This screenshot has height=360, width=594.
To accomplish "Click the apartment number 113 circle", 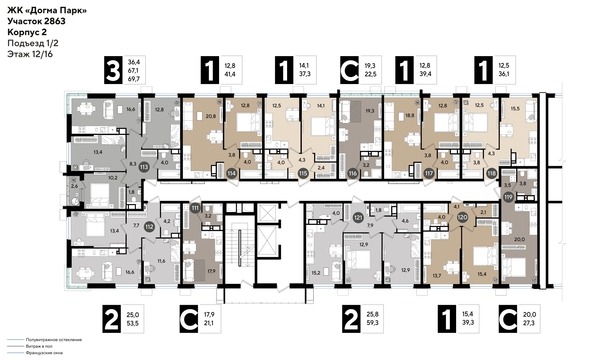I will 145,168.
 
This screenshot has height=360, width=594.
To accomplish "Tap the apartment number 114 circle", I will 231,172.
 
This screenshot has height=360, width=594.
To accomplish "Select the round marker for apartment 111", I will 196,206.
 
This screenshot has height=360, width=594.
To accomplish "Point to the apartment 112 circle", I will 149,225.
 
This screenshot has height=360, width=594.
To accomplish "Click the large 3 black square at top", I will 115,72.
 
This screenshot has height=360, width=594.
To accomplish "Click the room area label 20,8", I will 209,116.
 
